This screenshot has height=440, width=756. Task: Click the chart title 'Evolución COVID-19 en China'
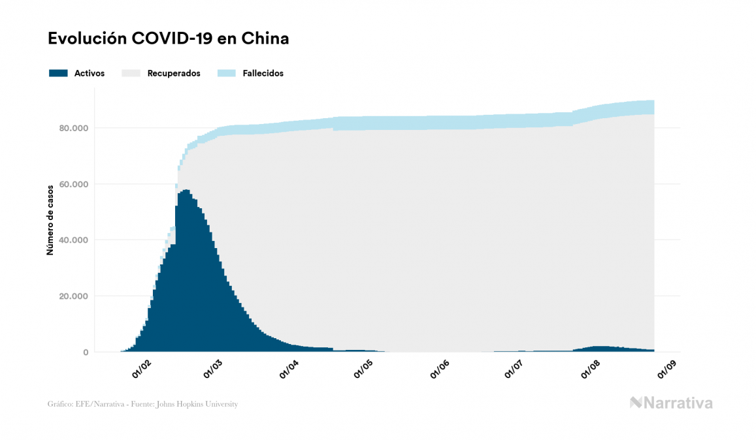pos(168,39)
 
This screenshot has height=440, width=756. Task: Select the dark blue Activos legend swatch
pos(58,73)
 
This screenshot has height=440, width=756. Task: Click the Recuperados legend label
pos(174,73)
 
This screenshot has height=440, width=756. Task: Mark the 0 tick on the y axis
pos(85,353)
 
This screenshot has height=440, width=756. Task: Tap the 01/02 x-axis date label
pos(142,370)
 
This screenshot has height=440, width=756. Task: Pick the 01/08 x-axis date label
pos(591,370)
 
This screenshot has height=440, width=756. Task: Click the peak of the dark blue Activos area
pos(186,191)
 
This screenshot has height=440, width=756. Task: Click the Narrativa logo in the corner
pos(671,403)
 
